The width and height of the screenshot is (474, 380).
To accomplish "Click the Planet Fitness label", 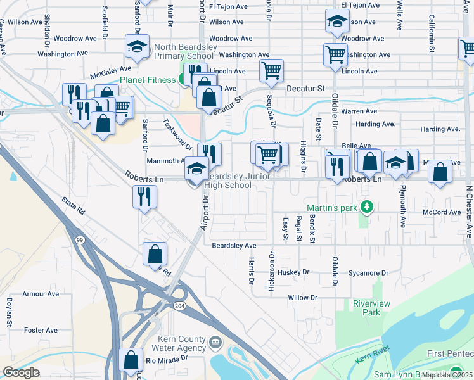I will click(x=148, y=80).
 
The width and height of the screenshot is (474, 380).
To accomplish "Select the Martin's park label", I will click(x=331, y=208).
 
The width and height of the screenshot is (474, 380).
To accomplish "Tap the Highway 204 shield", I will click(x=180, y=306).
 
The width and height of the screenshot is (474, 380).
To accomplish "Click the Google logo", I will click(x=21, y=372).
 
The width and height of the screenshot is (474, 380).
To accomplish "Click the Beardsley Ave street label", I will click(x=234, y=245).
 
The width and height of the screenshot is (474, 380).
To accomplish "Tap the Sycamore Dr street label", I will click(x=368, y=273).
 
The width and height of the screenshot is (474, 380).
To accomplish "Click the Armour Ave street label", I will click(x=41, y=294).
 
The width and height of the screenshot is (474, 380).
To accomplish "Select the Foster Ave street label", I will click(x=41, y=330).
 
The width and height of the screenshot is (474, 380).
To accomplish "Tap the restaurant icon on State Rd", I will click(x=144, y=196).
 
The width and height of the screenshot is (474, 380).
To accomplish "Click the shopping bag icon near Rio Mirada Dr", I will click(x=131, y=360).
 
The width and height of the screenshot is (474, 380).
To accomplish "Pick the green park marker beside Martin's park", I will click(x=366, y=207).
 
